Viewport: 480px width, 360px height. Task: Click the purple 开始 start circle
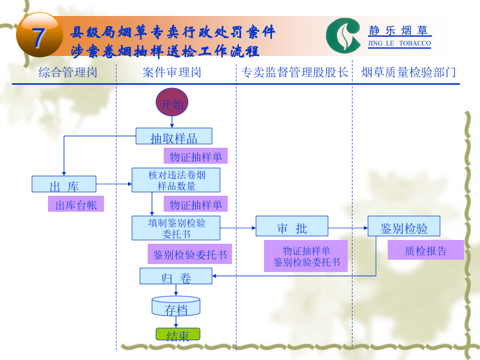click(172, 102)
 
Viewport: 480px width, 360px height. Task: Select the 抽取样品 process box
click(174, 136)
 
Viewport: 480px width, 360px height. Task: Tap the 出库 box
click(64, 184)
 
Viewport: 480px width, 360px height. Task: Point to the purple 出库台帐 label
click(76, 204)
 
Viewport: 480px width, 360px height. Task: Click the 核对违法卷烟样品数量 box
click(176, 180)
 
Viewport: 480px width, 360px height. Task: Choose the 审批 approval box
click(292, 226)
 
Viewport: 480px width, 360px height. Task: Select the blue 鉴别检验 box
click(404, 226)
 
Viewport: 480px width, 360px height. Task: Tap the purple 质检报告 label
click(426, 250)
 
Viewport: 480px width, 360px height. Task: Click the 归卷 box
click(176, 276)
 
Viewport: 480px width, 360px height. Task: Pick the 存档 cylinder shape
click(176, 306)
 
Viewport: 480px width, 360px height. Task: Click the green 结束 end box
click(178, 334)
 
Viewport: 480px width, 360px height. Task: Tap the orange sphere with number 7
click(39, 35)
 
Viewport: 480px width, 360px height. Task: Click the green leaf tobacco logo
click(343, 36)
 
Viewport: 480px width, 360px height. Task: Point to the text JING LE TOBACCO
click(399, 44)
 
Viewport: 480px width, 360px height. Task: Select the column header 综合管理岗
click(68, 73)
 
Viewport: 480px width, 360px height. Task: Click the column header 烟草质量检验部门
click(409, 73)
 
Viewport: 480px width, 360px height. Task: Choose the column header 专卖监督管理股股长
click(294, 73)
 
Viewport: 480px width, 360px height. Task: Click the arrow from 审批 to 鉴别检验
click(348, 228)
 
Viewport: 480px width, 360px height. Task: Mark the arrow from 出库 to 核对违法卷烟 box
click(114, 184)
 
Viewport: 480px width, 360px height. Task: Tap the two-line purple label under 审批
click(306, 256)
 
